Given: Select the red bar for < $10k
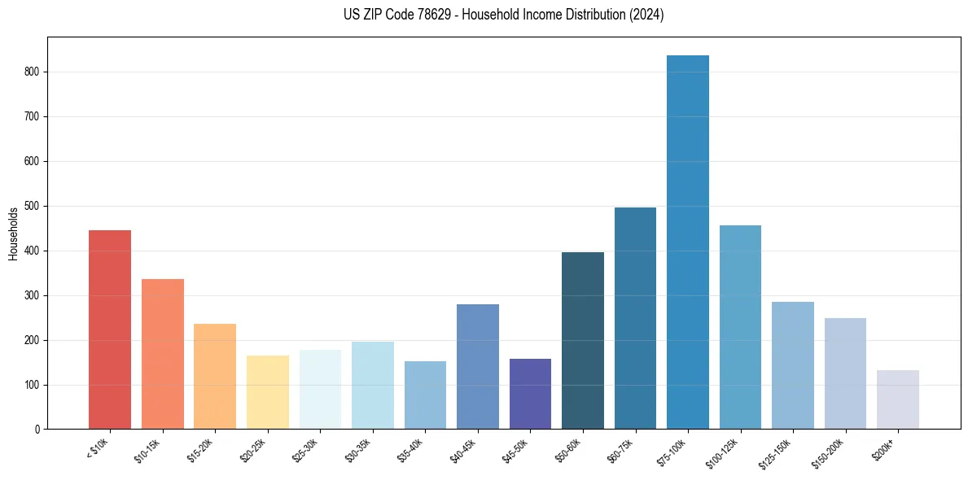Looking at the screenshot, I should pyautogui.click(x=110, y=329).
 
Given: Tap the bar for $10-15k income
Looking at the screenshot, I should pyautogui.click(x=163, y=354).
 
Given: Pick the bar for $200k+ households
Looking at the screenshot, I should pyautogui.click(x=898, y=399).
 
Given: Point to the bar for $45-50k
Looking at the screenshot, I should pyautogui.click(x=530, y=394).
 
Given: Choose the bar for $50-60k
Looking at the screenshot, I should pyautogui.click(x=583, y=341).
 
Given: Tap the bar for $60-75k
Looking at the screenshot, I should pyautogui.click(x=635, y=318).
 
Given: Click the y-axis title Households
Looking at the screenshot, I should pyautogui.click(x=13, y=233).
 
